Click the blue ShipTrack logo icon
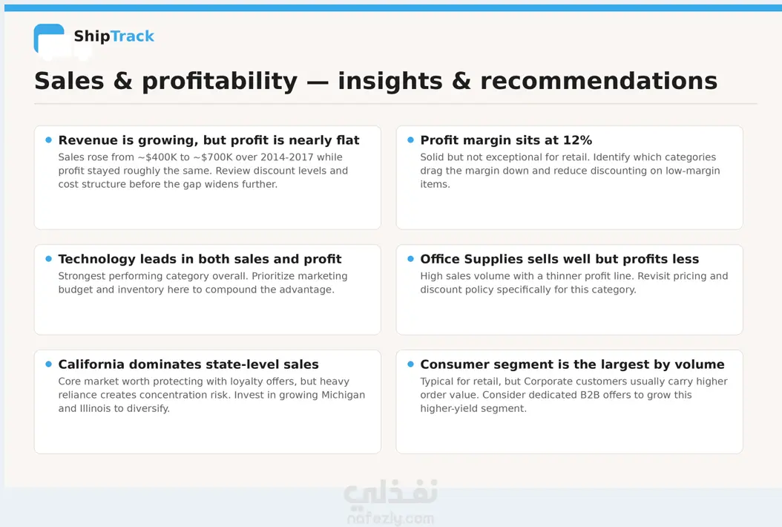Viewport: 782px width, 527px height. [x=49, y=38]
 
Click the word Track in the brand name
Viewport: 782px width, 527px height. [x=132, y=36]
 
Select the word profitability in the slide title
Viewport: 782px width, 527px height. [x=220, y=82]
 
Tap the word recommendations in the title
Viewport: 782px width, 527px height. [x=599, y=81]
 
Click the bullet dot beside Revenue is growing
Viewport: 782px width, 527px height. [x=48, y=140]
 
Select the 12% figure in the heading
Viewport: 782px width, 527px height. [x=577, y=140]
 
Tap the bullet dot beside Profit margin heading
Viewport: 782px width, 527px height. [x=410, y=140]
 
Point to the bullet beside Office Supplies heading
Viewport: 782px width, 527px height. [x=410, y=259]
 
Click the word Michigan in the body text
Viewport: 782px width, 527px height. [x=343, y=395]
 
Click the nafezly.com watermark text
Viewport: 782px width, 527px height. [x=390, y=519]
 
